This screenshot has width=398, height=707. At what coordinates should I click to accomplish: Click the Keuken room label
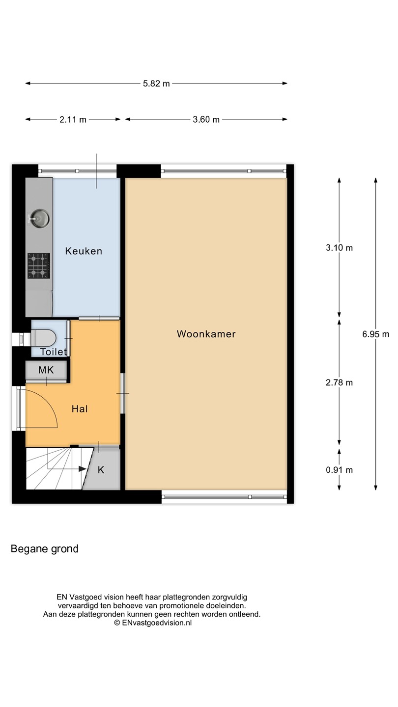click(84, 251)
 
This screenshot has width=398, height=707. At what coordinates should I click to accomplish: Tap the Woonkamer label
click(206, 334)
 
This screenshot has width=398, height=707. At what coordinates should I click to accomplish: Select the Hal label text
click(80, 409)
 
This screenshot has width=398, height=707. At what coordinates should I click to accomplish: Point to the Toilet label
click(54, 352)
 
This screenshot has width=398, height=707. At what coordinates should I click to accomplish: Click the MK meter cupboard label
click(46, 370)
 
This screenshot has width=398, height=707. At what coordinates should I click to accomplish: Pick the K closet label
click(101, 470)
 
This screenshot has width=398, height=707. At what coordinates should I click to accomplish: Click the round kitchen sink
click(39, 218)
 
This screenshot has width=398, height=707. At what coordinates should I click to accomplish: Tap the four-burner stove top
click(39, 266)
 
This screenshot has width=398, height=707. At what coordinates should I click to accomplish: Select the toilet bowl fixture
click(44, 338)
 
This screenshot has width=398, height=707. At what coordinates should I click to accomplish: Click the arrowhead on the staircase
click(83, 469)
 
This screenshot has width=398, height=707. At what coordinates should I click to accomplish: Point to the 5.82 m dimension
click(156, 83)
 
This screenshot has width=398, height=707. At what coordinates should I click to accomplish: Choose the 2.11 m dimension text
click(73, 120)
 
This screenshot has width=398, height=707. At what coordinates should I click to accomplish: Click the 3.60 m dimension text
click(206, 120)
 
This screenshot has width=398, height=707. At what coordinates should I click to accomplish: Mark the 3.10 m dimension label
click(339, 248)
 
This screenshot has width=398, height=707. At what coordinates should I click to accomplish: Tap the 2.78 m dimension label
click(339, 382)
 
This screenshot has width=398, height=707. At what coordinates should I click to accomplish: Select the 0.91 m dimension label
click(339, 470)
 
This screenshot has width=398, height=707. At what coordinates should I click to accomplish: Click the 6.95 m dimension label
click(375, 334)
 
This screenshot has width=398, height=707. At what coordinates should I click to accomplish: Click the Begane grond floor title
click(45, 549)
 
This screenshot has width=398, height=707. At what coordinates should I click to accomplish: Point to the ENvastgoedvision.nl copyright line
click(153, 623)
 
